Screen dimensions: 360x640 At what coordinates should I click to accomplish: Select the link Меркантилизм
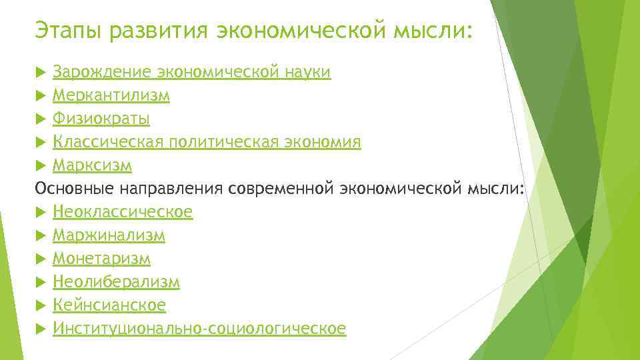pos(111,96)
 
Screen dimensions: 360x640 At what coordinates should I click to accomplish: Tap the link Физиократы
pos(101,119)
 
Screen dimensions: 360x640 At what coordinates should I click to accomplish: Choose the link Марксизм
pos(92,165)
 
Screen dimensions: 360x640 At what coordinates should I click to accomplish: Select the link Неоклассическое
pos(123,212)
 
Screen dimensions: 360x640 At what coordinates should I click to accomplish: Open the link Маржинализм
pos(109,235)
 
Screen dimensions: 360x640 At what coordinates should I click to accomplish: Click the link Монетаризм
pos(101,259)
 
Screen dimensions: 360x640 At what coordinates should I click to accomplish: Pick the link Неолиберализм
pos(116,282)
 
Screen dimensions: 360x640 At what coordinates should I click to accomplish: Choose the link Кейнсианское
pos(109,305)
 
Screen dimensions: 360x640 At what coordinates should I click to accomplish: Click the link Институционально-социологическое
pos(199,329)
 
